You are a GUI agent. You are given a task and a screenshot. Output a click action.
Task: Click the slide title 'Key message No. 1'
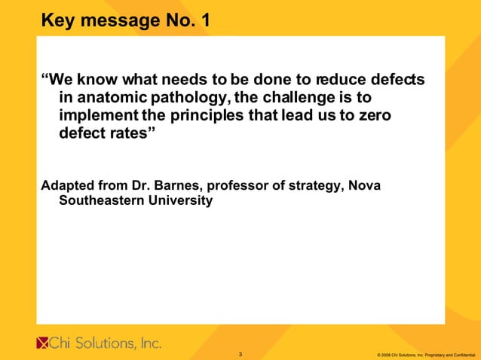coord(125,20)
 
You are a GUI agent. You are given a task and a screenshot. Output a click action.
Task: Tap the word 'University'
coord(179,201)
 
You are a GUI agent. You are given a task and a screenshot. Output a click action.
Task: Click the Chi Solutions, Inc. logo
coord(99,343)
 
